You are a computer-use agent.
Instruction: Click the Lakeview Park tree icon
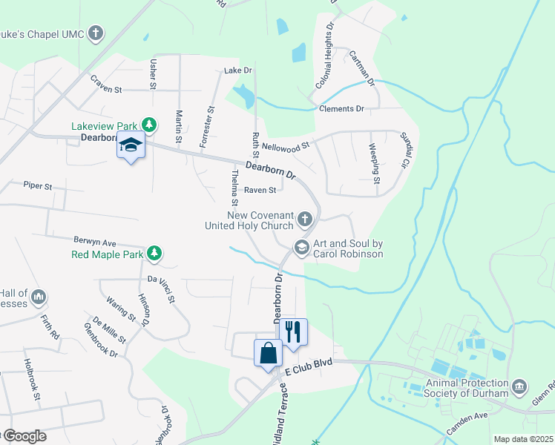[149, 124]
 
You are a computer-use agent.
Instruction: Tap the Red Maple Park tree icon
[154, 254]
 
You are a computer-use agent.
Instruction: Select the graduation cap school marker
[131, 145]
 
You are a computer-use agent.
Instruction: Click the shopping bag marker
[268, 353]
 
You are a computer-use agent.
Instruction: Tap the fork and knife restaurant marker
[294, 332]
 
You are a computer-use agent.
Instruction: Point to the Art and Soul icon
[301, 248]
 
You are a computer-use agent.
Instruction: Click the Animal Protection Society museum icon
[519, 387]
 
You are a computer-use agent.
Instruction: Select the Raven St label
[260, 191]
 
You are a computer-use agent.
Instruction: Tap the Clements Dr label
[341, 109]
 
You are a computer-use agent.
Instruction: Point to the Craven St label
[105, 89]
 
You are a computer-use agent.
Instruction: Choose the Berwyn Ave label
[95, 242]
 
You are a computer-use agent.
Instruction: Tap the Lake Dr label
[238, 70]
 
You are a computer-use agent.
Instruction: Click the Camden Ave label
[467, 425]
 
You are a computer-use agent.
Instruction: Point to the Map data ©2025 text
[523, 439]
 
